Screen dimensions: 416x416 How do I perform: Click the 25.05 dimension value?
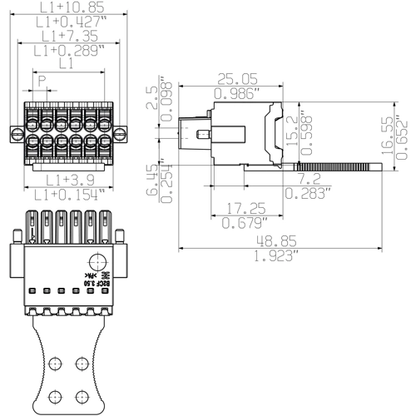coord(237,78)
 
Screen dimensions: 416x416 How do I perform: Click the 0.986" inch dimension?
coord(237,92)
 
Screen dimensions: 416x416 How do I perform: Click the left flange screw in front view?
coord(16,132)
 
